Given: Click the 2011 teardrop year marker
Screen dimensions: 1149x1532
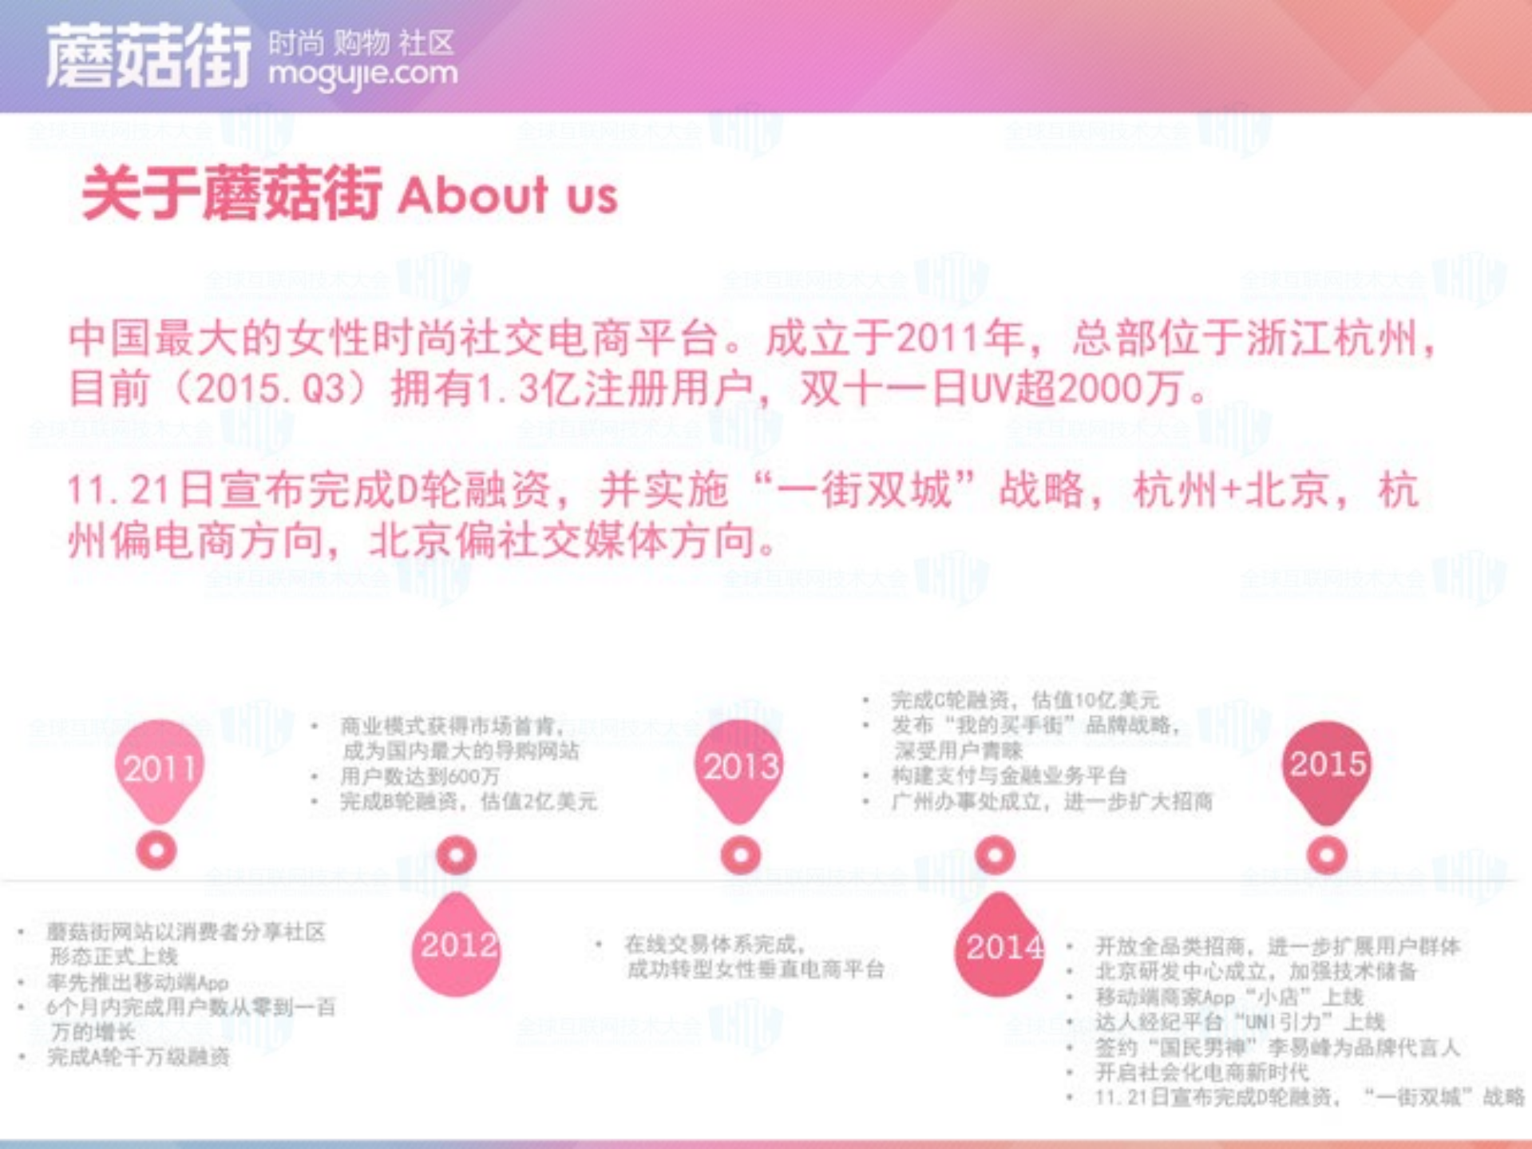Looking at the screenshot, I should (159, 768).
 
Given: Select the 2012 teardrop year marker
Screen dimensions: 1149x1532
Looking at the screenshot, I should (457, 947).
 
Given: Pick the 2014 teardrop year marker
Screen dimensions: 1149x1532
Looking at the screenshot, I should (1000, 949).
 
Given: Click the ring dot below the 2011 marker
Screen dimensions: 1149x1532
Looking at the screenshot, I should (156, 850).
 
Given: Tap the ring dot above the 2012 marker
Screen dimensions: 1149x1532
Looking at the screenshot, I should (457, 855).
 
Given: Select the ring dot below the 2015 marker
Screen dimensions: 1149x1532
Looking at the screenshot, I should (1327, 855).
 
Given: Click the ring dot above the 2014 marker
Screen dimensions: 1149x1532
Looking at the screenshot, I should (995, 855).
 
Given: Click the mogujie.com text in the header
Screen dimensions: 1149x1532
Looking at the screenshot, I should (363, 74).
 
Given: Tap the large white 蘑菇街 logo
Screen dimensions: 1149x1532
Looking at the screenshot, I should (148, 56).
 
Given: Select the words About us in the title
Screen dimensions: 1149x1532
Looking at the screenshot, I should (508, 195).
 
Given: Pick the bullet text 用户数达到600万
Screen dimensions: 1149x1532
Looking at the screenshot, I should (420, 776).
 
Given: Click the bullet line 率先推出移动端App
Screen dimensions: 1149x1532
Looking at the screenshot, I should (138, 982).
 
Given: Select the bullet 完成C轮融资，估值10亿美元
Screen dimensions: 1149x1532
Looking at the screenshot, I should (1024, 700).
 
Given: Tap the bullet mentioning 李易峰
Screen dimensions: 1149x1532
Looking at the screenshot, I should (1277, 1047).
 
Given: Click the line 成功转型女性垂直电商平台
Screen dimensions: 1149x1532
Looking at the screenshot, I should (755, 969).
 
